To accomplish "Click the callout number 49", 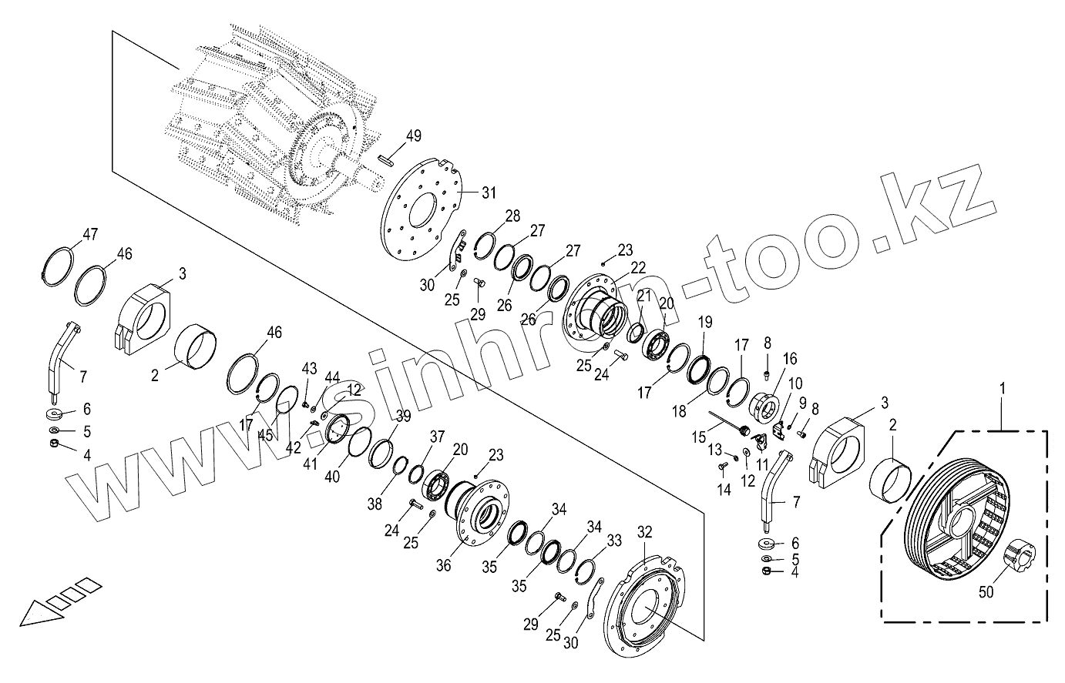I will [x=414, y=136].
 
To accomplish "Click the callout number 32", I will [x=645, y=531].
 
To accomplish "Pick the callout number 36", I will [x=443, y=564].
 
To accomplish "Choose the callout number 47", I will [x=90, y=235].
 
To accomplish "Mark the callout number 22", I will [x=637, y=267].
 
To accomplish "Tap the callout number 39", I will [x=403, y=416].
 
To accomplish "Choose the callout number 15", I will [x=698, y=437].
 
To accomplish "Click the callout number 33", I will [x=613, y=541].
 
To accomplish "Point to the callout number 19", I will [x=705, y=322].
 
